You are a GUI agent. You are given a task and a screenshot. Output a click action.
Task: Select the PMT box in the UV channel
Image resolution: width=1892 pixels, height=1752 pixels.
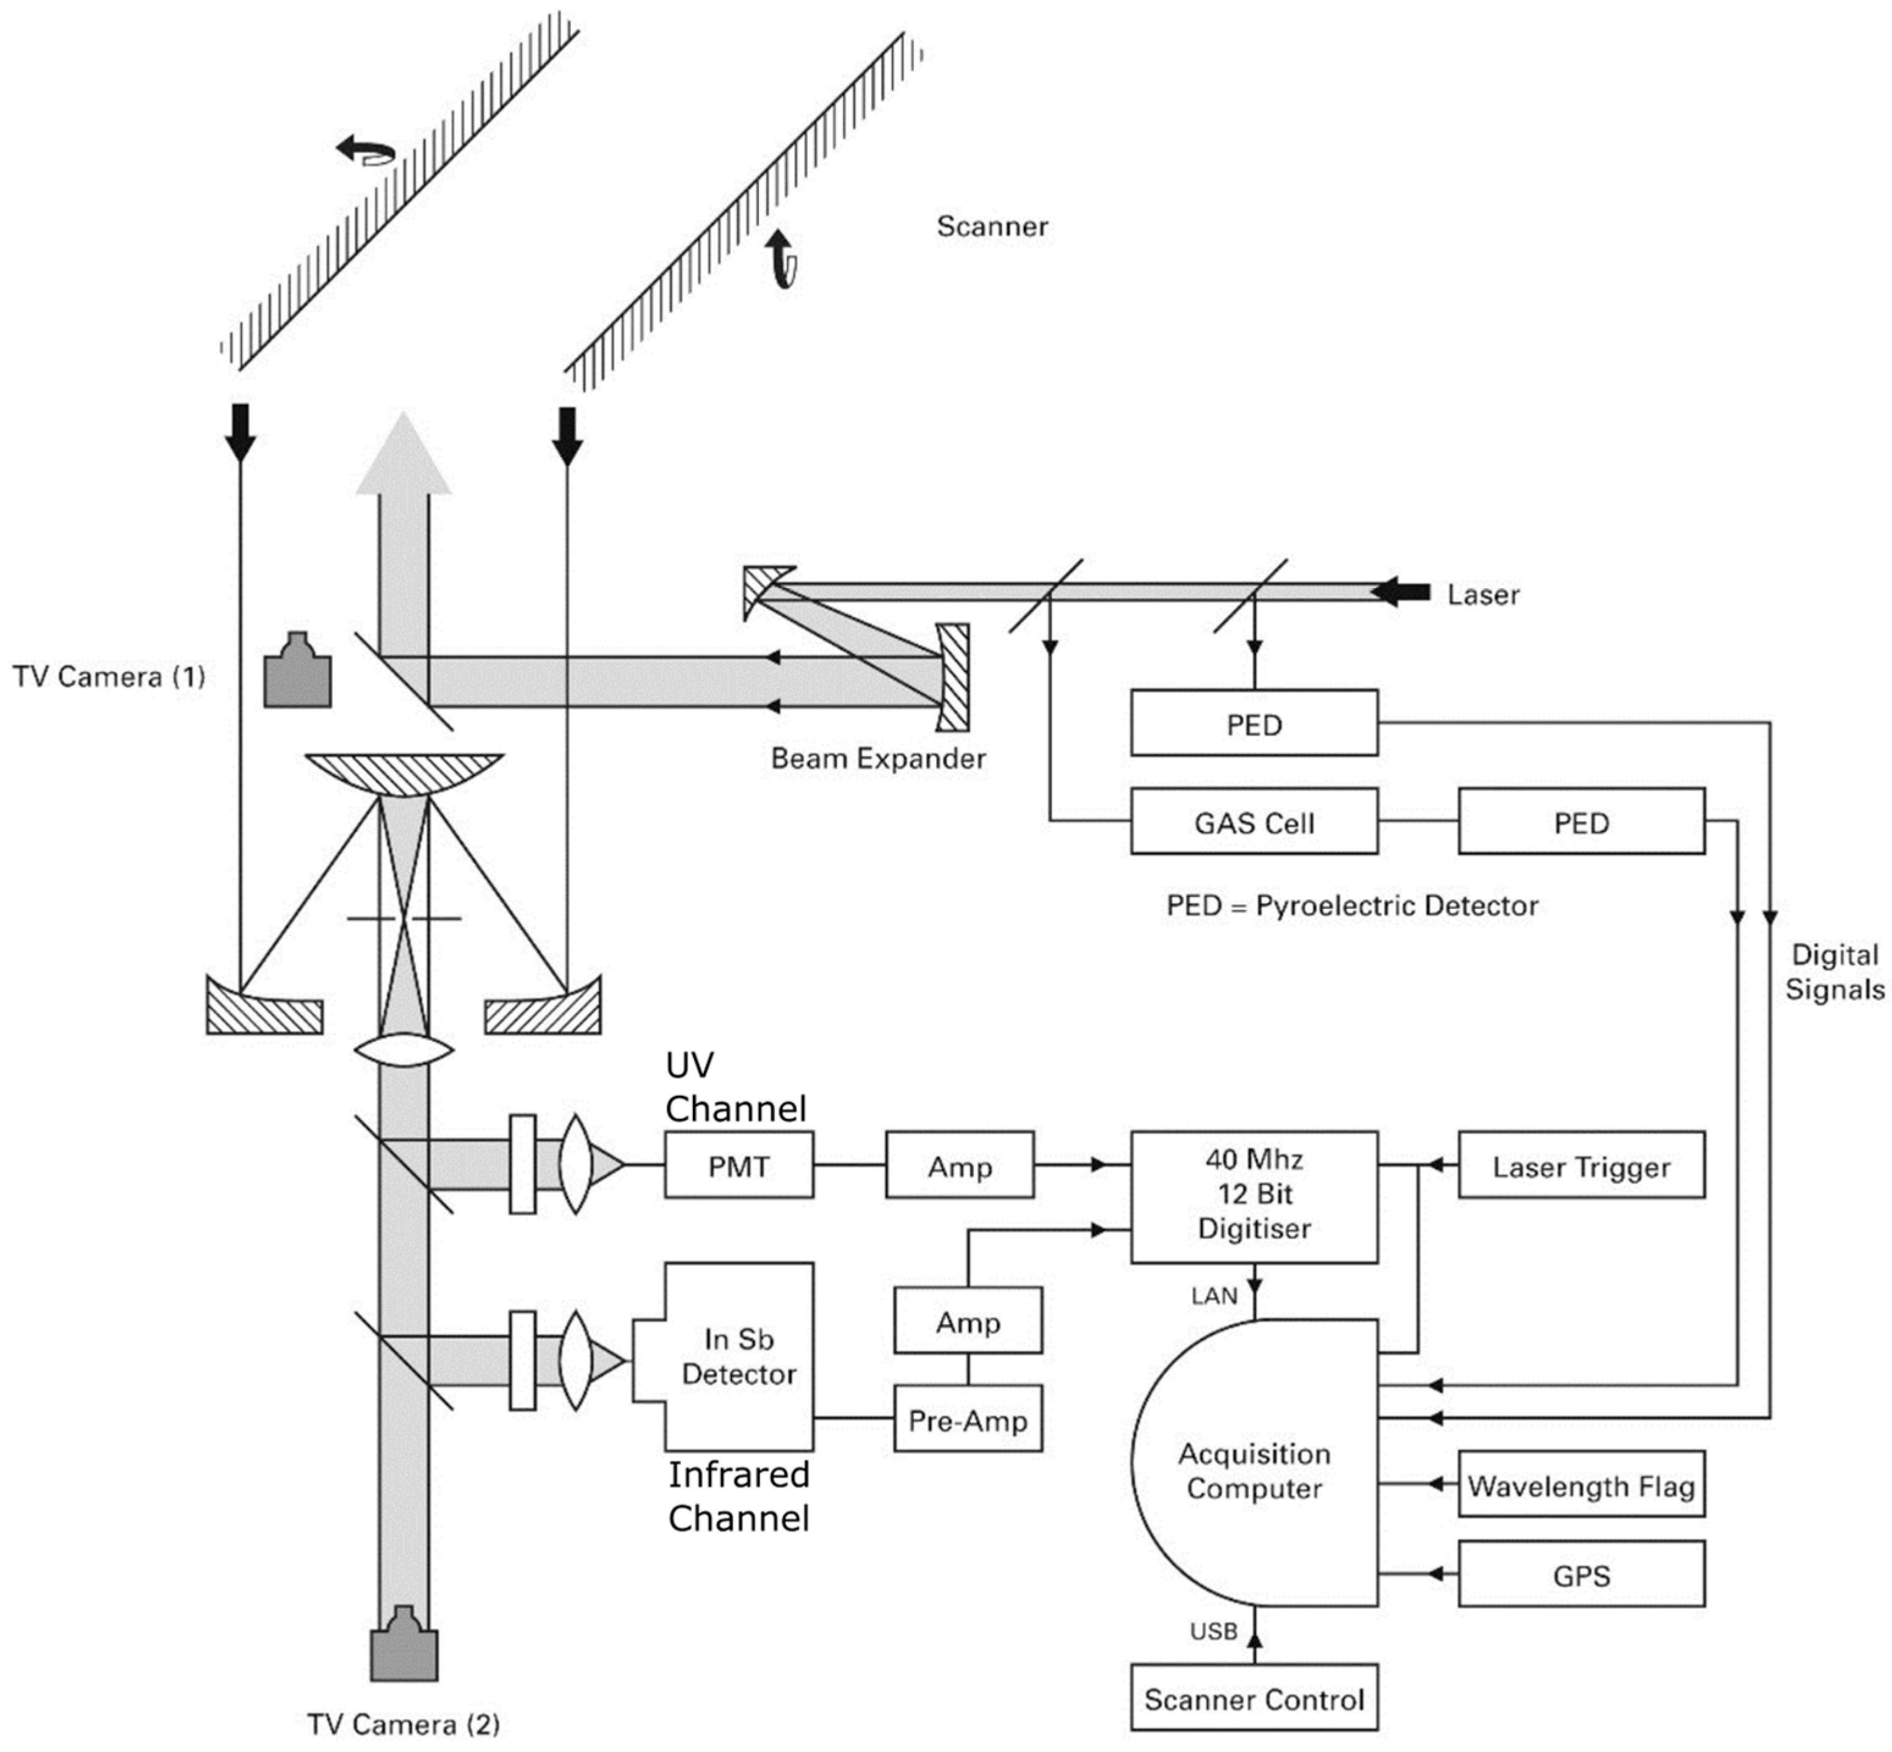738,1165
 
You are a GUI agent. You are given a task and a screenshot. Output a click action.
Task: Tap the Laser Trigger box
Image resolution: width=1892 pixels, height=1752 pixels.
1580,1165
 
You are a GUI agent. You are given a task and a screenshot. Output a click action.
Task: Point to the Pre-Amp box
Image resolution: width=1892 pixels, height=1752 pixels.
967,1419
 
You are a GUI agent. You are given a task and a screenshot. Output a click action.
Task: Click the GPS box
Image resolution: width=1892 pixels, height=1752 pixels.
1580,1575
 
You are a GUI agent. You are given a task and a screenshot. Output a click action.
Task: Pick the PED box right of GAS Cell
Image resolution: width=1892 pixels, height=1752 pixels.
1580,821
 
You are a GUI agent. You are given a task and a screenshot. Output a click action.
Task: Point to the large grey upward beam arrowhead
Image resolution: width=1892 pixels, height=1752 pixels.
403,455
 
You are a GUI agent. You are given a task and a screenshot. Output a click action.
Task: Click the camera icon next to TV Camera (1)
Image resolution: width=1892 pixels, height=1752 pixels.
297,671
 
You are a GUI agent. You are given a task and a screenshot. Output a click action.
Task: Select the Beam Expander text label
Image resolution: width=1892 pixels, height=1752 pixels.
877,758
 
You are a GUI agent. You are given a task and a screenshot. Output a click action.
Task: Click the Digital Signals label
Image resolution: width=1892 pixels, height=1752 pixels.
1833,972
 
